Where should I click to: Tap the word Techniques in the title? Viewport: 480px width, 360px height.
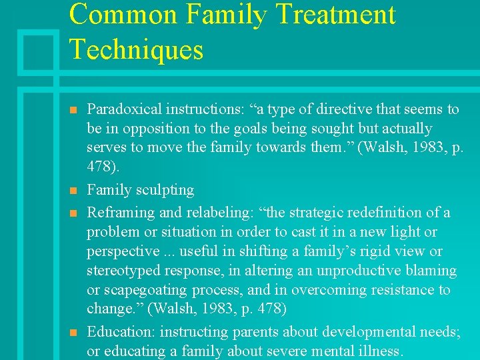136,50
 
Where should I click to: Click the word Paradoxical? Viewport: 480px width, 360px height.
124,109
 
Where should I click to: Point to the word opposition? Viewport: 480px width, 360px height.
150,129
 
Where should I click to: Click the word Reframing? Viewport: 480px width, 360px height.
119,213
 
